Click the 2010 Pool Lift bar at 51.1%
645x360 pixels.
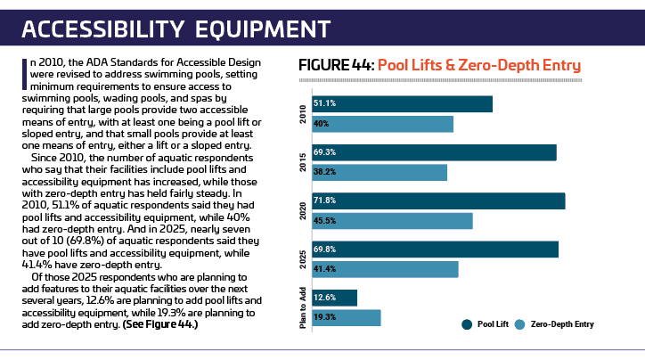[x=403, y=104]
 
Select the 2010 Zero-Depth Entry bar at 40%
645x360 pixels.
[x=382, y=124]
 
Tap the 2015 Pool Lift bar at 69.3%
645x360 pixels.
[x=435, y=152]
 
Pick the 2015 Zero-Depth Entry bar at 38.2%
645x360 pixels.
[x=380, y=172]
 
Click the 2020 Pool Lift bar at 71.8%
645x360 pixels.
[x=438, y=201]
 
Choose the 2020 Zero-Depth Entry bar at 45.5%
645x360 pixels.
[x=392, y=221]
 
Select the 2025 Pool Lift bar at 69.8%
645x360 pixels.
[x=436, y=250]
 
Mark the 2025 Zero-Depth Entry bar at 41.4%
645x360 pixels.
[x=385, y=269]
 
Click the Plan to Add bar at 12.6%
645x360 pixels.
[x=334, y=298]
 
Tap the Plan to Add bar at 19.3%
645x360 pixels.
[x=347, y=317]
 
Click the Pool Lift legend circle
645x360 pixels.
[x=467, y=324]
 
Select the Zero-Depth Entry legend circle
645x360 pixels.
[x=520, y=324]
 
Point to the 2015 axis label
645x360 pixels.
[x=303, y=162]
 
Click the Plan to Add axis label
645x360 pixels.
[x=303, y=307]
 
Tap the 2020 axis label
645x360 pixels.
[x=303, y=211]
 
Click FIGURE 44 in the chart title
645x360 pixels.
[x=335, y=65]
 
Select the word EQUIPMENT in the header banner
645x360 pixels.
[x=263, y=29]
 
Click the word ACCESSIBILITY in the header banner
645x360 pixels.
[x=102, y=29]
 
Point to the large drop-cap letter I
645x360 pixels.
[x=24, y=74]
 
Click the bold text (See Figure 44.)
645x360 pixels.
[x=160, y=324]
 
